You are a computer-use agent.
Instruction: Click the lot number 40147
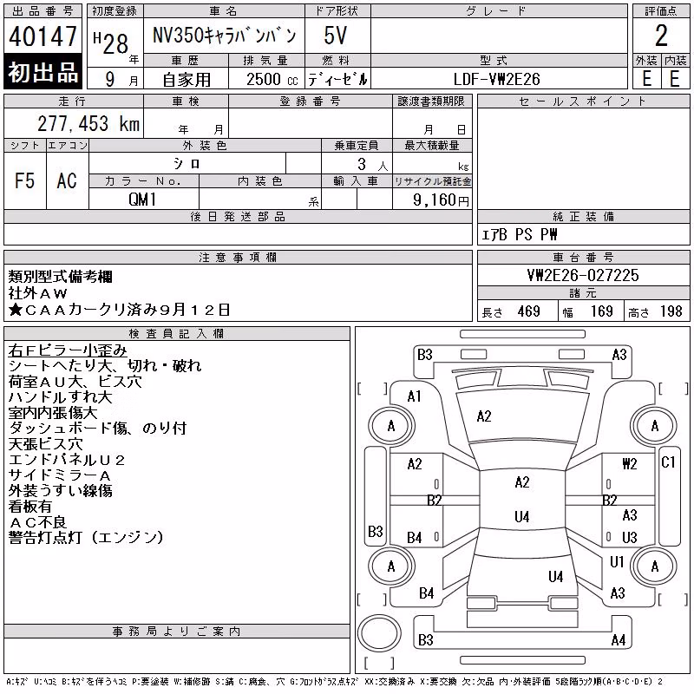43,36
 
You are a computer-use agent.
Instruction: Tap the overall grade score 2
661,36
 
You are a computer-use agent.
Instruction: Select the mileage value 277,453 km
88,123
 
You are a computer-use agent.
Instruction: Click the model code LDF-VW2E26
496,79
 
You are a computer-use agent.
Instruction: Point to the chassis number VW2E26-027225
583,275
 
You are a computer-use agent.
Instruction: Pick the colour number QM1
142,200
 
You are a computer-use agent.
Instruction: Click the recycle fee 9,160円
441,200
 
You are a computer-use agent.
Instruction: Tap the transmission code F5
25,180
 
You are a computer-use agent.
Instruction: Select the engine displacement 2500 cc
272,79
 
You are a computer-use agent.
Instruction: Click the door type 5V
335,36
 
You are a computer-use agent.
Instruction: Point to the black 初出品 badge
43,71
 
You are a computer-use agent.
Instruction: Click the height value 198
671,311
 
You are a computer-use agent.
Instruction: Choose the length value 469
529,311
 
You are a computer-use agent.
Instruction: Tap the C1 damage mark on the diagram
668,462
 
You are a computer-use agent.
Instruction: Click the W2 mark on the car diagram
630,463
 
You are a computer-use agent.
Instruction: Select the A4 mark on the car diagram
618,639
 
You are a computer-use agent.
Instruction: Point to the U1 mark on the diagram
617,561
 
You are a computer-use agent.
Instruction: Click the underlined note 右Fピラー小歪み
68,350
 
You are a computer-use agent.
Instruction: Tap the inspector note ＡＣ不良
37,522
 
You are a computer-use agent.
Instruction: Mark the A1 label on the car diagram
415,396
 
